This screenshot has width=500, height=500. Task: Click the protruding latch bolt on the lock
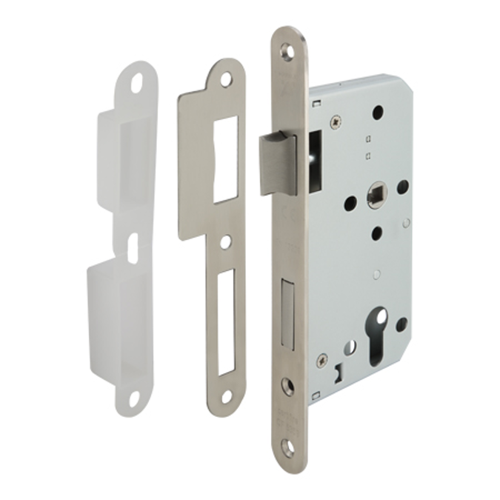point(279,164)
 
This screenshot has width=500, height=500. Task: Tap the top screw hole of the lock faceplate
point(287,50)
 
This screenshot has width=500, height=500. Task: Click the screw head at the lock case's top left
point(336,120)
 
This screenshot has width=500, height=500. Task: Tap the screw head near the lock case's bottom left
point(321,361)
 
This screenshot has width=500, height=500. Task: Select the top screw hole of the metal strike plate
point(226,78)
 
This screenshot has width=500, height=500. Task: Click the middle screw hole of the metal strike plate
point(225,241)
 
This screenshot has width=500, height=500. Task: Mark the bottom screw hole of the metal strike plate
point(226,396)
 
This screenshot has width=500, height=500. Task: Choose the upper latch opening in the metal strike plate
point(225,159)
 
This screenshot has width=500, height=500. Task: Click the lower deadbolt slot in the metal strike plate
point(226,320)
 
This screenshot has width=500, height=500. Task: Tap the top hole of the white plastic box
point(137,84)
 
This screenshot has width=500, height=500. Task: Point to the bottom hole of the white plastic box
point(135,399)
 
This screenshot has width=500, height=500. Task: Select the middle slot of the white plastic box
point(133,248)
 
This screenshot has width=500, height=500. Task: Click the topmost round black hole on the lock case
point(378,112)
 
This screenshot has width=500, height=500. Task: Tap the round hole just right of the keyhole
point(401,324)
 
